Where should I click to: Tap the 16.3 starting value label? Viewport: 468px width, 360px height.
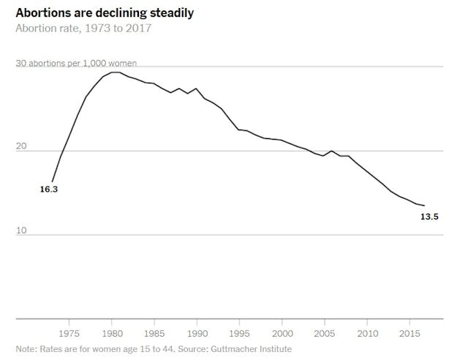[48, 190]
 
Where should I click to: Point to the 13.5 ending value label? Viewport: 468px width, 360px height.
[429, 216]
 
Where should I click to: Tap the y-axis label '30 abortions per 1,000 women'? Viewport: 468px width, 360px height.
[76, 64]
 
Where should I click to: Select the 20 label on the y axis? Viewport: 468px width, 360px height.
[21, 146]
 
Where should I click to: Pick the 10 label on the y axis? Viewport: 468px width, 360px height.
[21, 230]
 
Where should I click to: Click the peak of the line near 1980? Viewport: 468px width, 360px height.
[115, 72]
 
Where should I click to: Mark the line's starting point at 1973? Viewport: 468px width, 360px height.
[52, 181]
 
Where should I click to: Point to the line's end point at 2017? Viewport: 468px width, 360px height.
[425, 206]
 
